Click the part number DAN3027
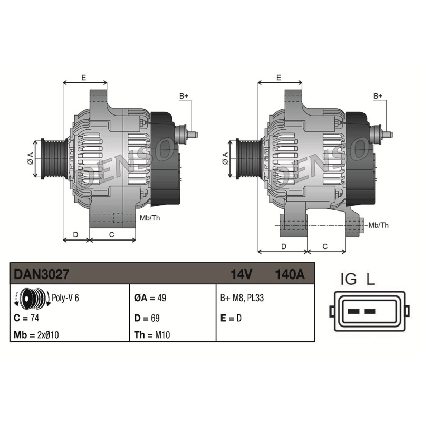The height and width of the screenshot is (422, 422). click(41, 274)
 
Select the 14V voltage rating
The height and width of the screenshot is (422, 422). click(241, 274)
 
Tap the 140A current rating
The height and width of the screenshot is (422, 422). click(290, 274)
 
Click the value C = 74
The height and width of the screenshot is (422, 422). click(26, 318)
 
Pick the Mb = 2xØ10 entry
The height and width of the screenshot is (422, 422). click(36, 335)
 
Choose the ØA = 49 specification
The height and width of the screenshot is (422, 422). click(150, 298)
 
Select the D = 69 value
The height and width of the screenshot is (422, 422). click(147, 318)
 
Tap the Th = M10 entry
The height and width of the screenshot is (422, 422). click(152, 335)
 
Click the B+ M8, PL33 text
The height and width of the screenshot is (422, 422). click(242, 298)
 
